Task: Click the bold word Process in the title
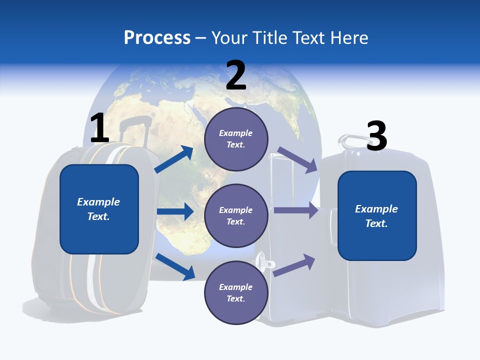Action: pos(157,37)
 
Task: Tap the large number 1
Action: pos(99,128)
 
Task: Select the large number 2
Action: pos(236,75)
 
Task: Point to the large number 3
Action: pos(377,136)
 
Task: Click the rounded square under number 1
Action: pos(99,209)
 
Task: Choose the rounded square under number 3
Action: pos(377,215)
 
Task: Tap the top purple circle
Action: pos(236,139)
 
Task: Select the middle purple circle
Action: pos(236,215)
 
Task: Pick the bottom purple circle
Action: pos(236,292)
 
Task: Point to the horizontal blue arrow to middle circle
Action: pos(175,211)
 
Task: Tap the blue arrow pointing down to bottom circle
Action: pos(175,266)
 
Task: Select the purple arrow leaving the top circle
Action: pos(297,160)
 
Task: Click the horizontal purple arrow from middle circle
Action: pos(295,210)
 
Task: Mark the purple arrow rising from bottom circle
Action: pos(294,265)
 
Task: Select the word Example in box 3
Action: pos(376,209)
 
